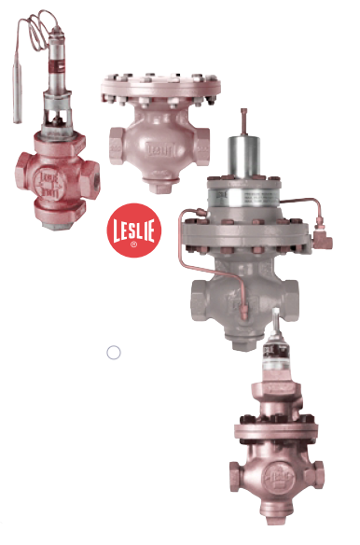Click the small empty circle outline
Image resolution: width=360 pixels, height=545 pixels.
(114, 353)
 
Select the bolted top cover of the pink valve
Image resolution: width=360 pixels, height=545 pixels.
(159, 88)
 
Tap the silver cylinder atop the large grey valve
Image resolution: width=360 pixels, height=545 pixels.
(246, 159)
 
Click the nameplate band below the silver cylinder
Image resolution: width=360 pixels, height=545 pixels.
(246, 197)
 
